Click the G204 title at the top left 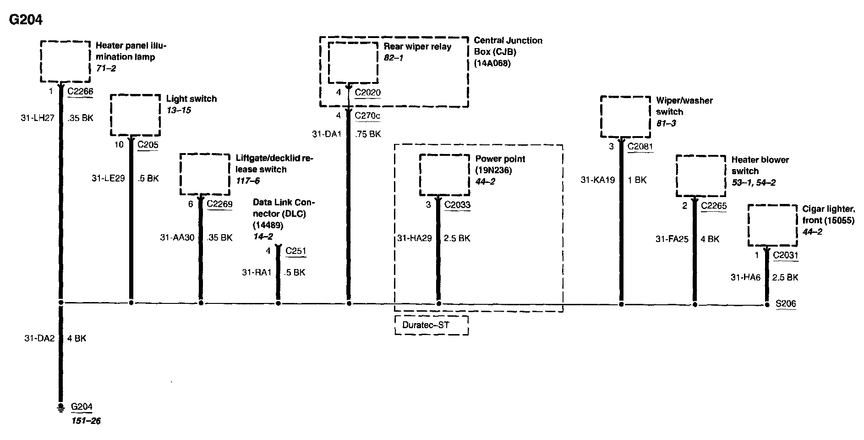[x=26, y=20]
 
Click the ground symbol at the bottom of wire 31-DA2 [x=60, y=407]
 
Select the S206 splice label [x=785, y=303]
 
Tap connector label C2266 [x=80, y=91]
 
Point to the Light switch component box [x=136, y=115]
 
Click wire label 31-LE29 [x=108, y=178]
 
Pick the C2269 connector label [x=219, y=204]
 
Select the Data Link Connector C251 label [x=295, y=251]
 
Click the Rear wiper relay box [x=353, y=62]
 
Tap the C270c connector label [x=367, y=115]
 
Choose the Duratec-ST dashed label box [x=431, y=325]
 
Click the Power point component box [x=444, y=175]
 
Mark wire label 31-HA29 [x=414, y=238]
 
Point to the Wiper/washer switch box [x=625, y=116]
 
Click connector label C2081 [x=640, y=147]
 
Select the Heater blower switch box [x=700, y=176]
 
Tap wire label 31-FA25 [x=672, y=239]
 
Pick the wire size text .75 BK [x=368, y=134]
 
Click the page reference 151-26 [x=86, y=421]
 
